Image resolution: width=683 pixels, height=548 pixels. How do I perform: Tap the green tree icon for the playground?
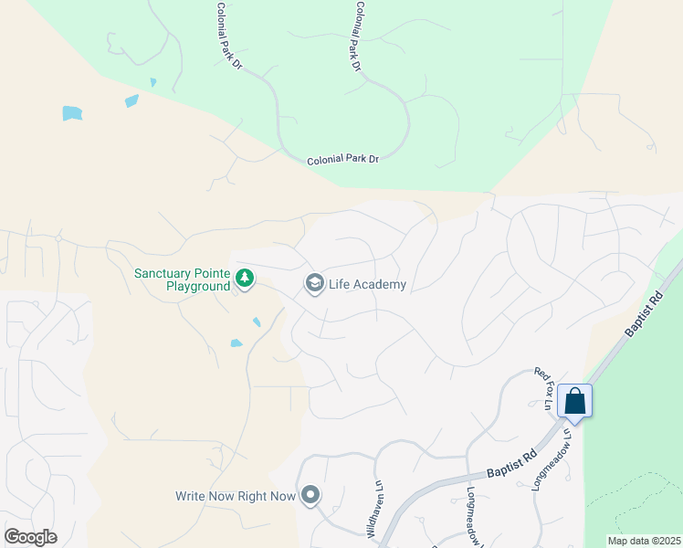tap(244, 277)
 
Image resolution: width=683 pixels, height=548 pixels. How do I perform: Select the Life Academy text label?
tap(366, 284)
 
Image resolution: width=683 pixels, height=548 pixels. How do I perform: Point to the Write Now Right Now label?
tap(236, 496)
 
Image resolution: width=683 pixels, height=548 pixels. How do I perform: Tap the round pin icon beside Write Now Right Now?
tap(310, 495)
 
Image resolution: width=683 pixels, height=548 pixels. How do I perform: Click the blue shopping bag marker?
tap(575, 400)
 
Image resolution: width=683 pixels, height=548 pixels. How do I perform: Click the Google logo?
tap(30, 536)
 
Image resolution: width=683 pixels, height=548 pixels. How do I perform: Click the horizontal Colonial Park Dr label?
tap(342, 159)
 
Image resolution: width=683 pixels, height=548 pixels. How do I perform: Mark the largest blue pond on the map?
tap(72, 113)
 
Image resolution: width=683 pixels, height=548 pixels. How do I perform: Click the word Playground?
tap(198, 286)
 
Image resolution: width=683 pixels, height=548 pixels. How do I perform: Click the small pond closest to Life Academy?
tap(257, 321)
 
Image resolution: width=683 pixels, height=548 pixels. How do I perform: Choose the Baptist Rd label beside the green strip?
tap(646, 313)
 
